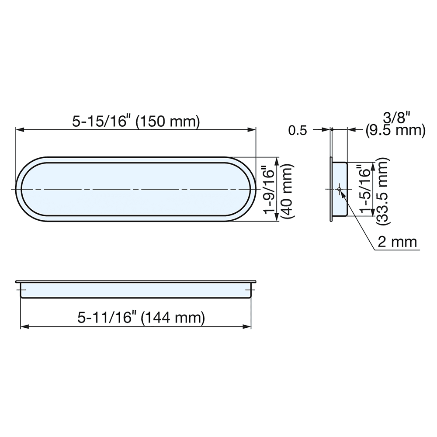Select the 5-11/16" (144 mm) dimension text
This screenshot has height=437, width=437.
tap(141, 318)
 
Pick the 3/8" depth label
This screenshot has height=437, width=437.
tap(396, 118)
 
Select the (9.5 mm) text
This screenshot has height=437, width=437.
tap(395, 130)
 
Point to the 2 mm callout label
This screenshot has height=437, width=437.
tap(397, 242)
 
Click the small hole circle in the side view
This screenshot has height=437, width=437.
tap(339, 189)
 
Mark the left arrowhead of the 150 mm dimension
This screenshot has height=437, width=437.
tap(19, 129)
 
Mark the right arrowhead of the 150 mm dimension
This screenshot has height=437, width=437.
tap(252, 129)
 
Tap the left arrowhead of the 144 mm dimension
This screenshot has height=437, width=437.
tap(24, 326)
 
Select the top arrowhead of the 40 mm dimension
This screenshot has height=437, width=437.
tap(276, 160)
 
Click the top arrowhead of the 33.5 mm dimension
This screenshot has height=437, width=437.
tap(372, 165)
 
